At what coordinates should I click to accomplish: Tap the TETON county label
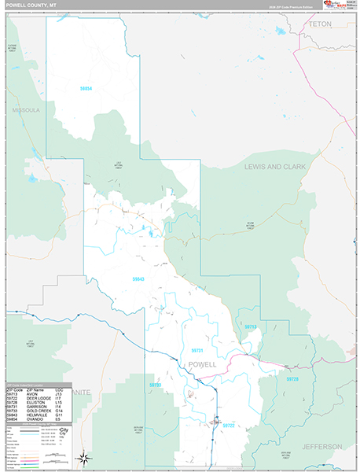[x=320, y=24]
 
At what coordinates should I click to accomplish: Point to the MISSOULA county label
[x=25, y=110]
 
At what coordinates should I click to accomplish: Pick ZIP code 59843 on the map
[x=138, y=278]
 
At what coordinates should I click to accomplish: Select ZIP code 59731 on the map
[x=197, y=350]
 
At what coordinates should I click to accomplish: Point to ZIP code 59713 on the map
[x=250, y=326]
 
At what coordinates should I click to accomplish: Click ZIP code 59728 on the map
[x=292, y=379]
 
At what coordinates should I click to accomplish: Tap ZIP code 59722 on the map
[x=228, y=425]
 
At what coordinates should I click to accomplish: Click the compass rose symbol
[x=84, y=458]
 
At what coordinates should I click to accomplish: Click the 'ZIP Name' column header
[x=35, y=389]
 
